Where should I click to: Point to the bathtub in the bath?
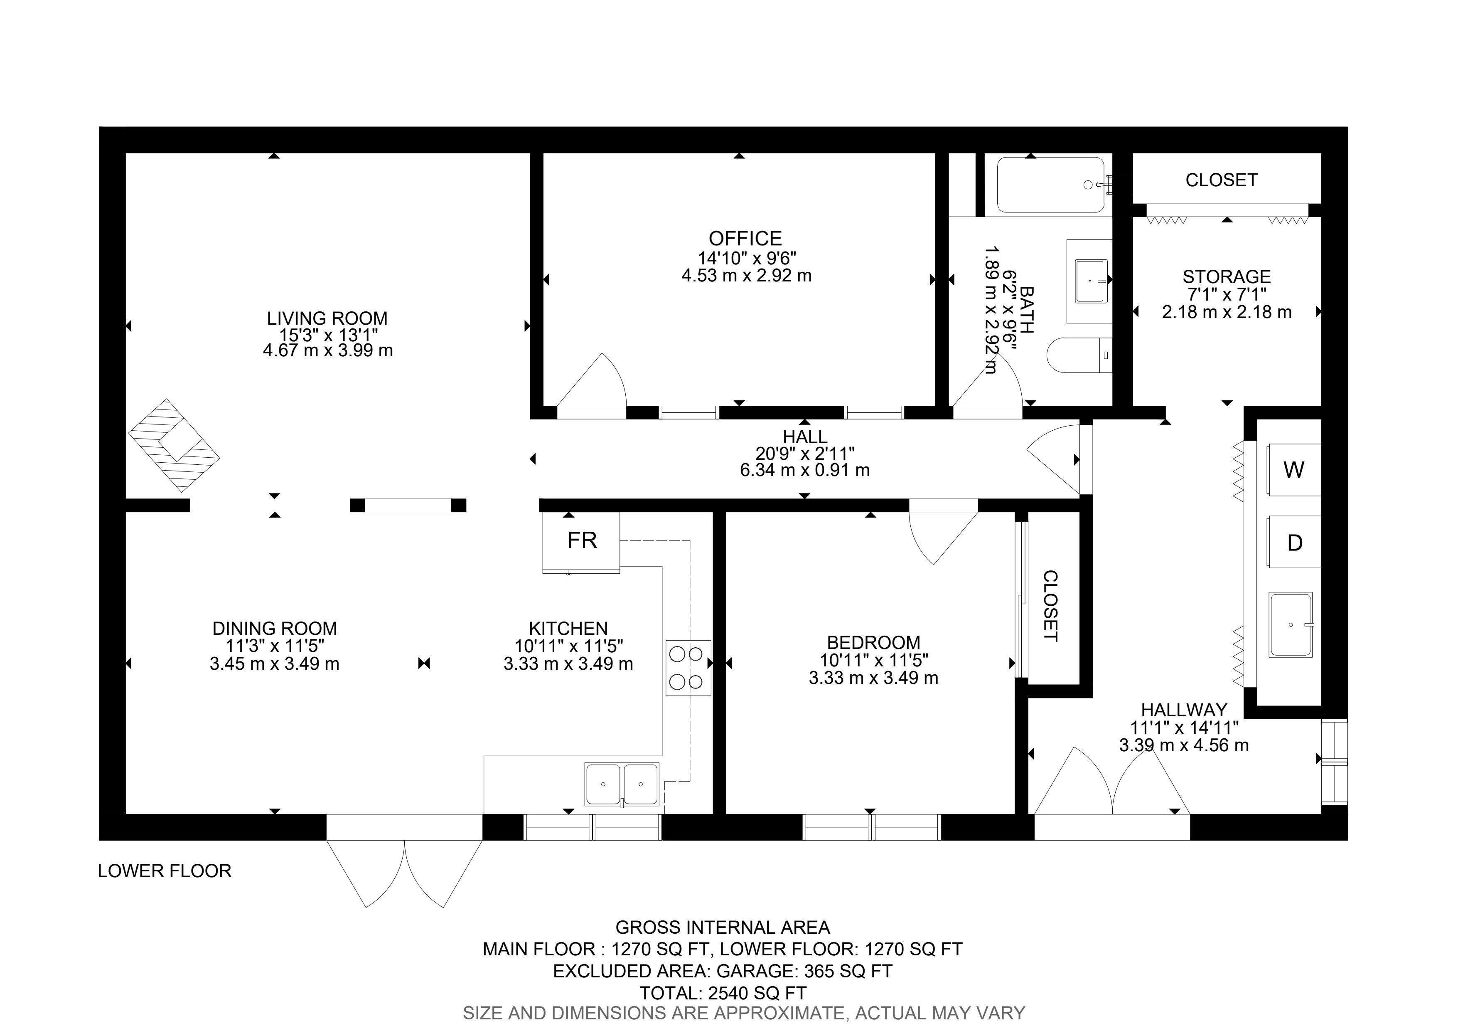pyautogui.click(x=1052, y=185)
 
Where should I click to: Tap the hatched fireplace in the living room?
pyautogui.click(x=174, y=445)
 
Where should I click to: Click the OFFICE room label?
pyautogui.click(x=745, y=239)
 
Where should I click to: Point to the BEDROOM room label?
pyautogui.click(x=873, y=643)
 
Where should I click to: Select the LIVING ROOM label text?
pyautogui.click(x=327, y=318)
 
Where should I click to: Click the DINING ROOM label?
pyautogui.click(x=274, y=629)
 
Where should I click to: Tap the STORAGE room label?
pyautogui.click(x=1226, y=277)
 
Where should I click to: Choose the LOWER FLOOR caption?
pyautogui.click(x=165, y=871)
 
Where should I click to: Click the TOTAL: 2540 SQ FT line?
pyautogui.click(x=723, y=993)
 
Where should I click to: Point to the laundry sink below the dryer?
pyautogui.click(x=1291, y=625)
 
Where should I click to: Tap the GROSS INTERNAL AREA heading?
pyautogui.click(x=723, y=928)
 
